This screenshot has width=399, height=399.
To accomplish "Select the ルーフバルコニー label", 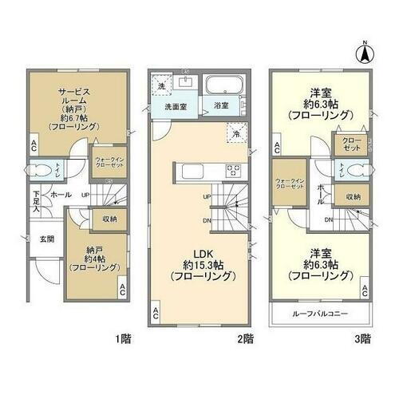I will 320,313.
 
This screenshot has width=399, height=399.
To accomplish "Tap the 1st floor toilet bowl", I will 39,168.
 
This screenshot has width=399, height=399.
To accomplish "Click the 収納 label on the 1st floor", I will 108,216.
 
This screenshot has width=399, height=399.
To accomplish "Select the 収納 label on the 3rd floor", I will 352,196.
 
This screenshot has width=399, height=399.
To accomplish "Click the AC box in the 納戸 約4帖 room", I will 122,288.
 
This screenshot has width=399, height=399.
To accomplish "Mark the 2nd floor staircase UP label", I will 207,196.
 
